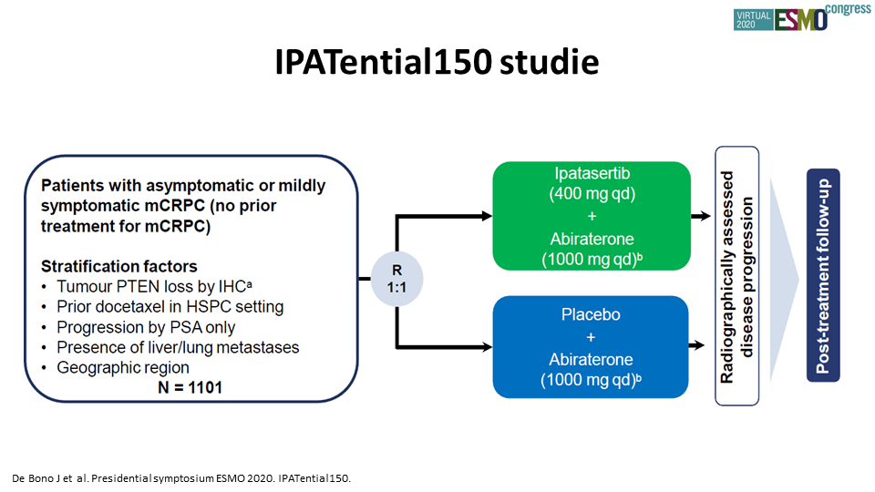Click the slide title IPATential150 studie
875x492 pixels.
coord(437,61)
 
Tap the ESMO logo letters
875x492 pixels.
coord(800,20)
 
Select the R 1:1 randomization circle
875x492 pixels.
coord(396,279)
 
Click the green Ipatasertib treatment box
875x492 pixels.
coord(592,216)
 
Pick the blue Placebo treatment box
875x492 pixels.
coord(591,347)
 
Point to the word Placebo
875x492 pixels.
coord(591,314)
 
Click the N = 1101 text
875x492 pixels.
coord(190,387)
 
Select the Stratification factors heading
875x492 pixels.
coord(118,266)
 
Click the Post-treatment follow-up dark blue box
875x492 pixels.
coord(823,275)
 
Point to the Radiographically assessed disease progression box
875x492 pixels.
coord(736,276)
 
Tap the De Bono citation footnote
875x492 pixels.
coord(181,478)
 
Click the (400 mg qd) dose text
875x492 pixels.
coord(592,194)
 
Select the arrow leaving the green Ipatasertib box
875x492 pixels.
coord(701,216)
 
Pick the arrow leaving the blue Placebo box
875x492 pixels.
coord(697,346)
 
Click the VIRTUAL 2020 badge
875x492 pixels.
coord(754,20)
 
